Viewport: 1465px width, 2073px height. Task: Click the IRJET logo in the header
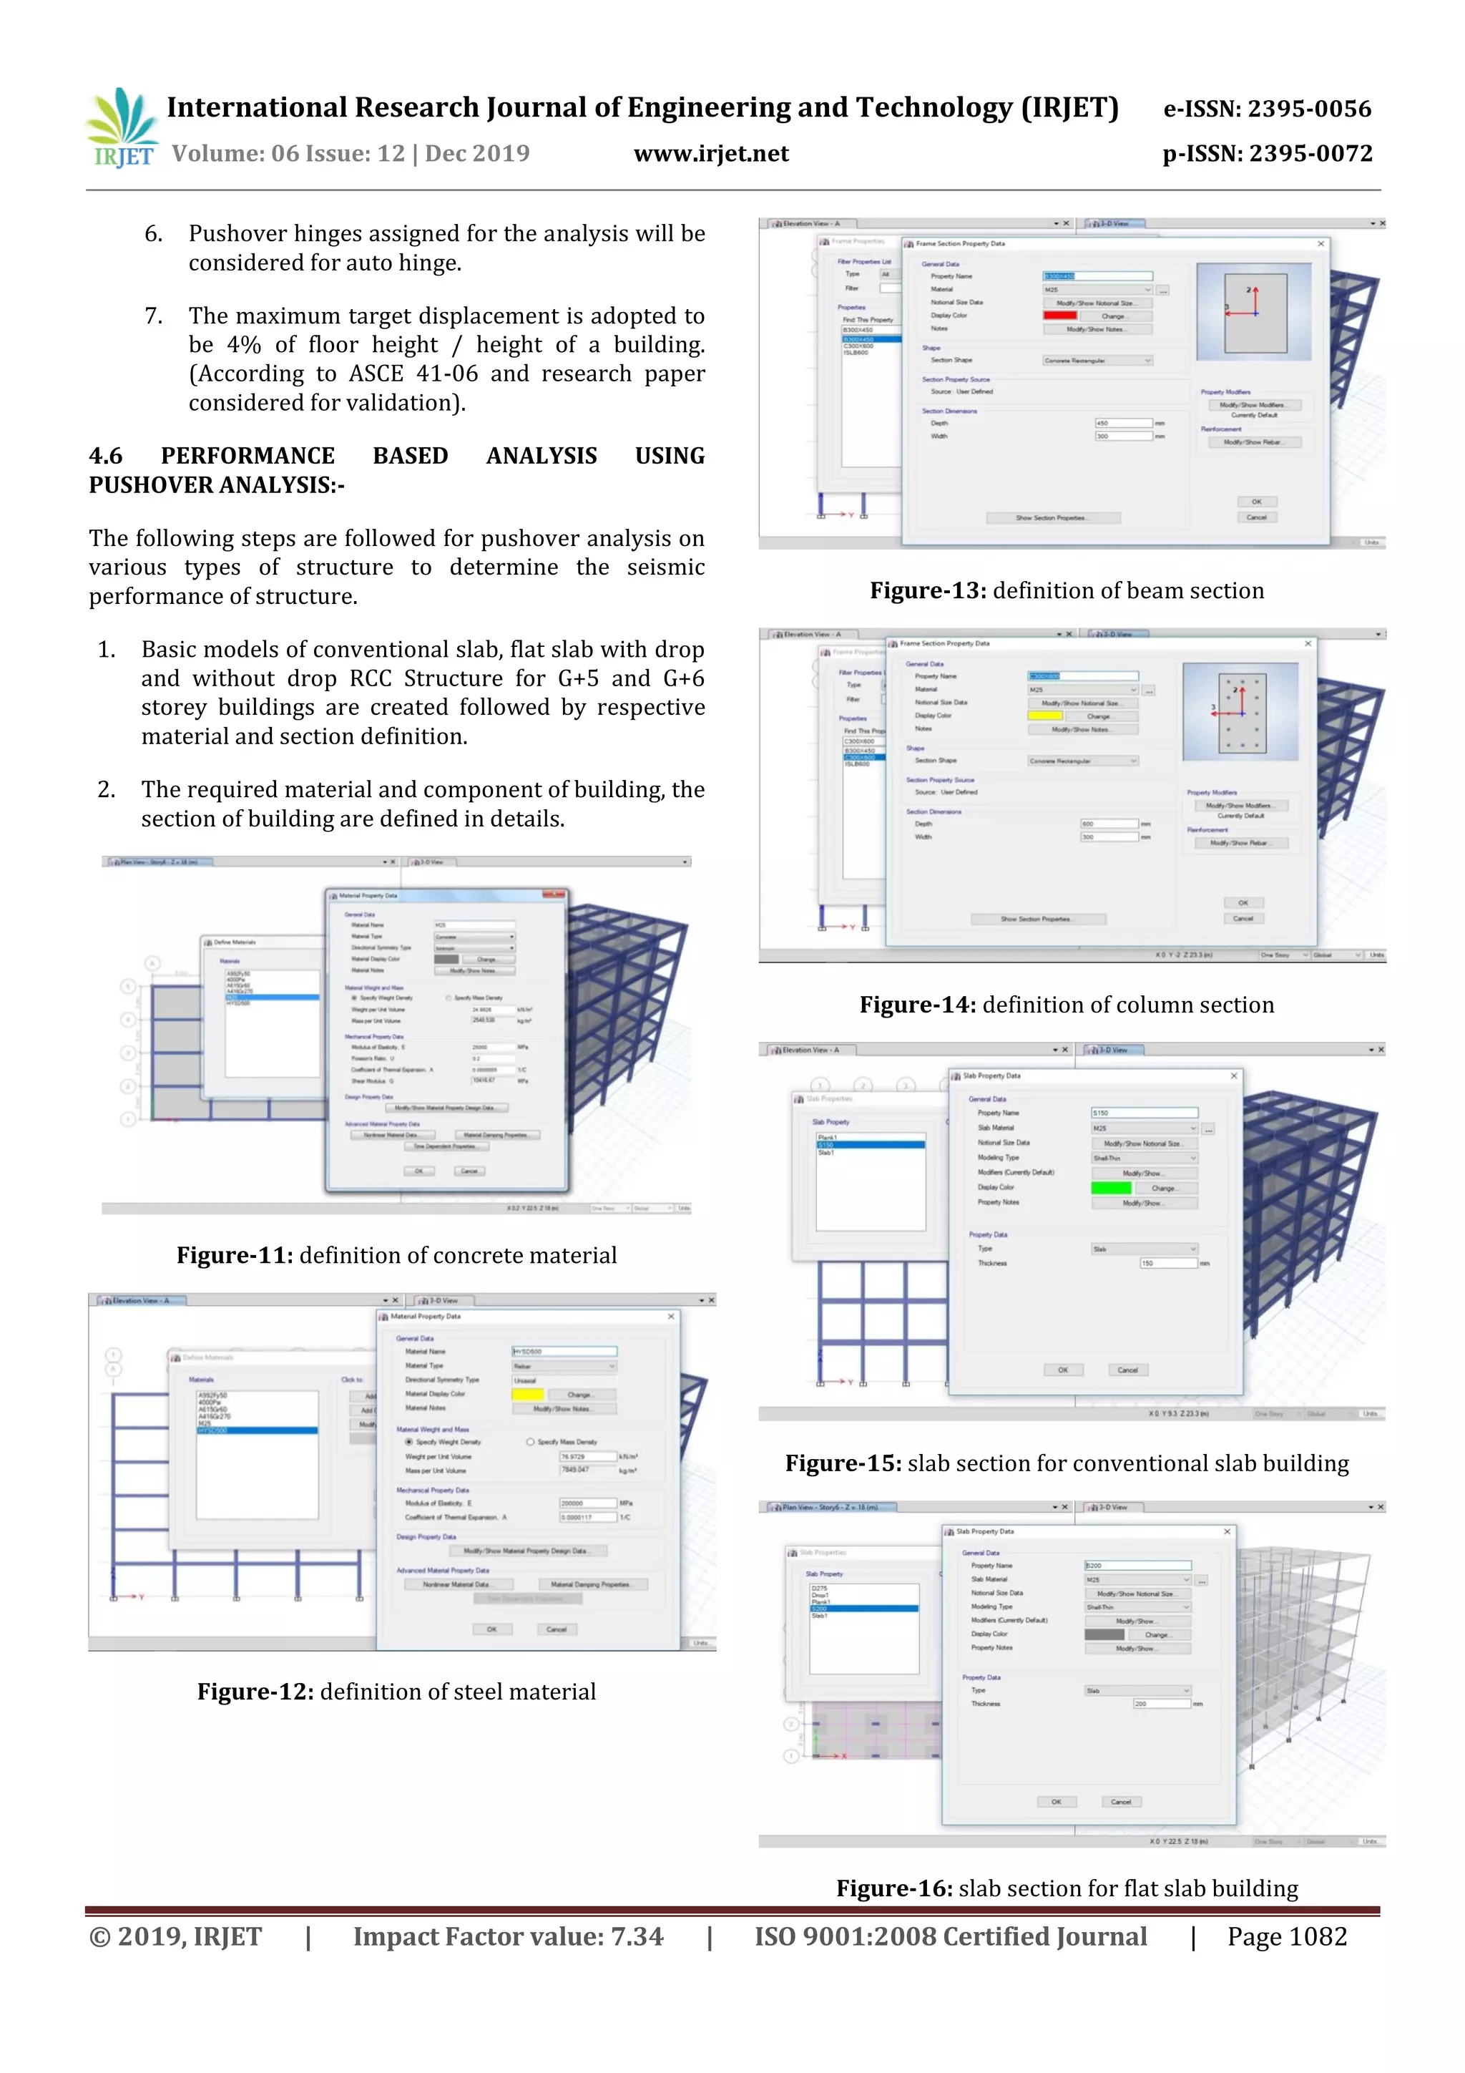coord(122,128)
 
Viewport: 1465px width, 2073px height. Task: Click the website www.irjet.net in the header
coord(711,155)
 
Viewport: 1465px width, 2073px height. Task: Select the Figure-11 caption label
coord(234,1255)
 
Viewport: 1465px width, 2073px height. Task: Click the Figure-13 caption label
coord(928,590)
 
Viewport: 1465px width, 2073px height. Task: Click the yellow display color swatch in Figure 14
coord(1045,716)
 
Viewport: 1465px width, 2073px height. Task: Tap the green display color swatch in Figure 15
coord(1110,1188)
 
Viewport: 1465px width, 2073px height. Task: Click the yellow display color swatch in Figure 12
coord(527,1395)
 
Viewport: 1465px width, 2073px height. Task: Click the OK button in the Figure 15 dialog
coord(1062,1370)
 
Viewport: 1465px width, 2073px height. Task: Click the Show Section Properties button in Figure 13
coord(1052,518)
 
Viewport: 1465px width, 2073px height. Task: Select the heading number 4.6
coord(106,456)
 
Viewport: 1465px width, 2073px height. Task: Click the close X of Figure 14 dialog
coord(1308,643)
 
